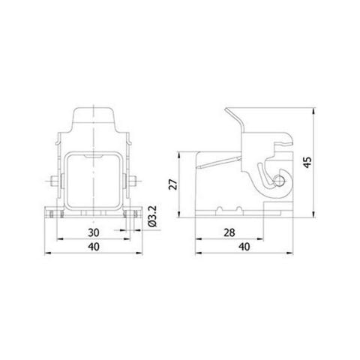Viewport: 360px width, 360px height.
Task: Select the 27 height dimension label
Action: (x=171, y=185)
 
